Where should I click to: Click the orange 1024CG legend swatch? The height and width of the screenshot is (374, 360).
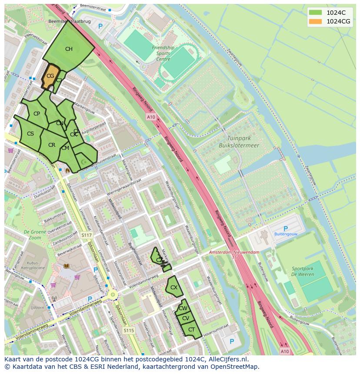316,21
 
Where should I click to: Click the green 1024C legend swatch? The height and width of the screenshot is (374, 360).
316,13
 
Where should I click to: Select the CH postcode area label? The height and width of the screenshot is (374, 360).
69,49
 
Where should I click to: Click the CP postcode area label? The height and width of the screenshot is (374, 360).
37,114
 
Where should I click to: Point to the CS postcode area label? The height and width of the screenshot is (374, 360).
30,134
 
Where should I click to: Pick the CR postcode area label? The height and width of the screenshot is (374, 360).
52,145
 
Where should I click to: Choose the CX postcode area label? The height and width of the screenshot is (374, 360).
173,288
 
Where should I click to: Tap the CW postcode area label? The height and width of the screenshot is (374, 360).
183,308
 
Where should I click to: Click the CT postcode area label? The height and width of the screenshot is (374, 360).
191,330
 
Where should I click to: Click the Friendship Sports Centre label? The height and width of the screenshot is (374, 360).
163,53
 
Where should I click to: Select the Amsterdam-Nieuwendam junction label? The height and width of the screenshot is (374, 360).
234,253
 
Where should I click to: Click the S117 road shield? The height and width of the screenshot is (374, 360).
87,235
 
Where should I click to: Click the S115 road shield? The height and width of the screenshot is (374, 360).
128,331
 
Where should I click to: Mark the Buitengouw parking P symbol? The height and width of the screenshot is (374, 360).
286,228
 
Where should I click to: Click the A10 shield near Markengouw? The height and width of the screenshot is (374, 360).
151,117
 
